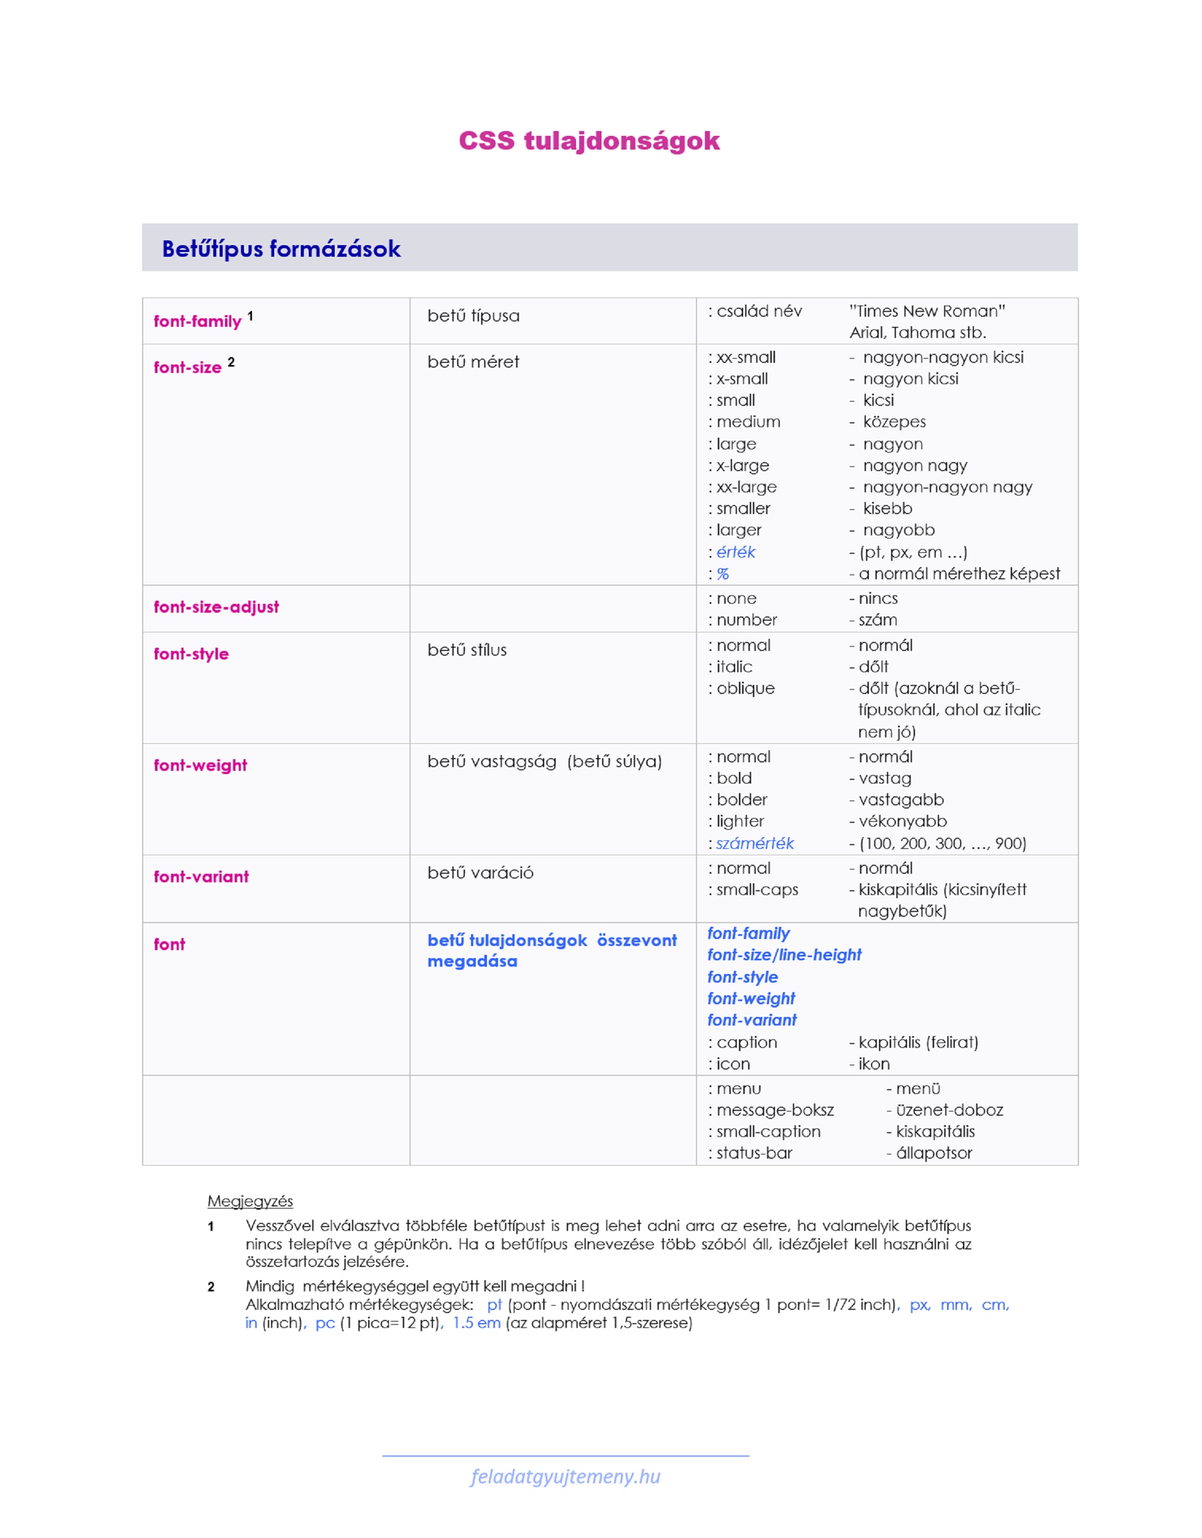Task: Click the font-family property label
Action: [x=197, y=322]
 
